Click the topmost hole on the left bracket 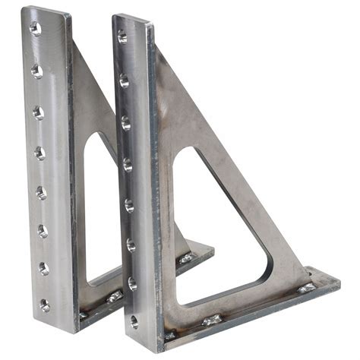click(35, 29)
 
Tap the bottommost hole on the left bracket click(45, 305)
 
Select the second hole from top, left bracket click(36, 71)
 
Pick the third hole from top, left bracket click(38, 112)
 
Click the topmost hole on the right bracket click(122, 36)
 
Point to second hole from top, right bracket click(124, 80)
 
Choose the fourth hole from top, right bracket click(128, 163)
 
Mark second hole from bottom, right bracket click(132, 283)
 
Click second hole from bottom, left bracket click(43, 267)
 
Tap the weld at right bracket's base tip click(306, 288)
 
